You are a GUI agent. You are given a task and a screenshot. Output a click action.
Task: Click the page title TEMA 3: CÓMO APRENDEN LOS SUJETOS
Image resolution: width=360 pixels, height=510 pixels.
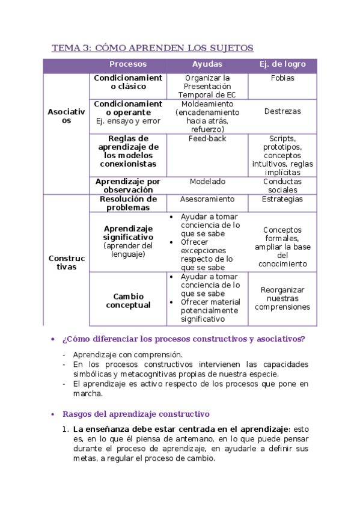[x=152, y=48]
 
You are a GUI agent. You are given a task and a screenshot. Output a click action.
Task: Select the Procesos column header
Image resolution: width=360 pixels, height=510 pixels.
[x=128, y=64]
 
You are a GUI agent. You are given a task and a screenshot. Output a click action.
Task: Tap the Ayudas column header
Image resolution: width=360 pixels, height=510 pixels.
[x=207, y=64]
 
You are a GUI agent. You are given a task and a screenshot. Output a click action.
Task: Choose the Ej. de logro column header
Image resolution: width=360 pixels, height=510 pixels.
[x=282, y=64]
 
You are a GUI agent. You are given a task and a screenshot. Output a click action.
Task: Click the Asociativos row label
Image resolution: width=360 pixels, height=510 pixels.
[x=66, y=116]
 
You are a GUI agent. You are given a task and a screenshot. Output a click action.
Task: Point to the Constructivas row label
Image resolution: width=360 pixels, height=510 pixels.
[x=66, y=262]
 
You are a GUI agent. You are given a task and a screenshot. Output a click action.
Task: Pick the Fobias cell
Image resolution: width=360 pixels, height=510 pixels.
[x=282, y=78]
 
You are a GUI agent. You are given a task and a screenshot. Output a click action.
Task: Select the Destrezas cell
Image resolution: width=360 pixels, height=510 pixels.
[x=282, y=111]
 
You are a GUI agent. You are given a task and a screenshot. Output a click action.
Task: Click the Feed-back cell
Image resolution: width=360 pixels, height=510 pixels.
[x=207, y=138]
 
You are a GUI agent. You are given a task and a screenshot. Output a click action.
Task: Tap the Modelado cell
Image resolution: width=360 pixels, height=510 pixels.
[x=207, y=182]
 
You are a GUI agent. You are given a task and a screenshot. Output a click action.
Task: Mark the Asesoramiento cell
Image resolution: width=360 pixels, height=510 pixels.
[x=207, y=199]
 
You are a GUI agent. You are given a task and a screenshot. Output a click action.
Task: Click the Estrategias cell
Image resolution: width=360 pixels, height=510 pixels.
[x=282, y=199]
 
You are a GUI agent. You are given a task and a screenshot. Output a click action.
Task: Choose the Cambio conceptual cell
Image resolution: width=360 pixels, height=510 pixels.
[x=128, y=301]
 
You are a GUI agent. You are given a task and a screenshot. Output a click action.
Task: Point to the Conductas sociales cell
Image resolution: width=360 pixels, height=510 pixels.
[x=282, y=185]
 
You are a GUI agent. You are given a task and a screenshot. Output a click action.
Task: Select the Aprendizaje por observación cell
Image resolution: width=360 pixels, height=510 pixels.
[x=128, y=185]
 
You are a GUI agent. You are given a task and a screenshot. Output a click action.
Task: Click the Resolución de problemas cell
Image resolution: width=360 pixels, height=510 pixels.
[x=128, y=203]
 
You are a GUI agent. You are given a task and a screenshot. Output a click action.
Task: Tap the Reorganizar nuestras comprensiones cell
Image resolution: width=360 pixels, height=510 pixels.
[x=282, y=298]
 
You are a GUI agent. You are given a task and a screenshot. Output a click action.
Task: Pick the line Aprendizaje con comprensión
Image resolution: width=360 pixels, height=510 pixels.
[x=128, y=355]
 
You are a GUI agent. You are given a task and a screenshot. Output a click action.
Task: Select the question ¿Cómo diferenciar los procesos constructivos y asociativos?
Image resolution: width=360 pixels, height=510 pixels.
[x=183, y=339]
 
